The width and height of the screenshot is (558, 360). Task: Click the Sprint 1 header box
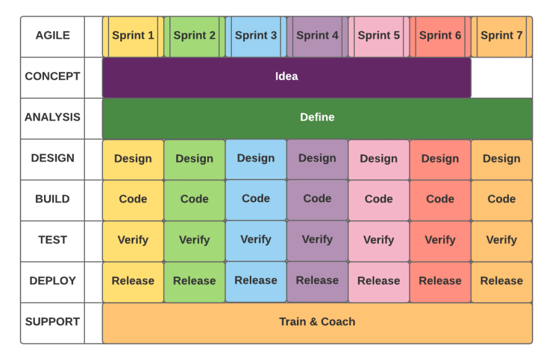pyautogui.click(x=133, y=36)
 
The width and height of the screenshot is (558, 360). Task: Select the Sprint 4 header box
pyautogui.click(x=317, y=36)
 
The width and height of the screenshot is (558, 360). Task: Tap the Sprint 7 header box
pyautogui.click(x=501, y=36)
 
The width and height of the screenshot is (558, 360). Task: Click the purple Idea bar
pyautogui.click(x=286, y=77)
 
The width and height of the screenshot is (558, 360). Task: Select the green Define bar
pyautogui.click(x=317, y=118)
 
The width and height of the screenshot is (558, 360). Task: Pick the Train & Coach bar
pyautogui.click(x=317, y=322)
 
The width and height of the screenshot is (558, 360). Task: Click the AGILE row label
pyautogui.click(x=52, y=36)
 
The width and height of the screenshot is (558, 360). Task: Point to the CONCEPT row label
pyautogui.click(x=52, y=77)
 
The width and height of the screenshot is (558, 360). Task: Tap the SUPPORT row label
pyautogui.click(x=52, y=322)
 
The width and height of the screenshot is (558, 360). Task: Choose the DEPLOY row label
pyautogui.click(x=52, y=281)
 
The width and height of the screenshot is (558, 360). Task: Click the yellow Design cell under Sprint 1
pyautogui.click(x=133, y=159)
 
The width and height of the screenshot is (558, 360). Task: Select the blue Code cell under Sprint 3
pyautogui.click(x=255, y=200)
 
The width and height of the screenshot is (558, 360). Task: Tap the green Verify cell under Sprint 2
pyautogui.click(x=194, y=240)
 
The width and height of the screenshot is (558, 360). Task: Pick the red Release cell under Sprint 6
pyautogui.click(x=440, y=281)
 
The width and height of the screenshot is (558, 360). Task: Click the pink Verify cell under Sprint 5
pyautogui.click(x=378, y=240)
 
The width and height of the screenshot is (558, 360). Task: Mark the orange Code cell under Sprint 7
pyautogui.click(x=501, y=200)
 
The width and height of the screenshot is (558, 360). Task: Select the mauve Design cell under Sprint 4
pyautogui.click(x=317, y=159)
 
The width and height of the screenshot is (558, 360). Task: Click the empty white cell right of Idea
pyautogui.click(x=501, y=77)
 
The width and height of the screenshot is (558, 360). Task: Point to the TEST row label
pyautogui.click(x=52, y=240)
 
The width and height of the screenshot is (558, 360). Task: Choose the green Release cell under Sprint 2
pyautogui.click(x=194, y=281)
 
